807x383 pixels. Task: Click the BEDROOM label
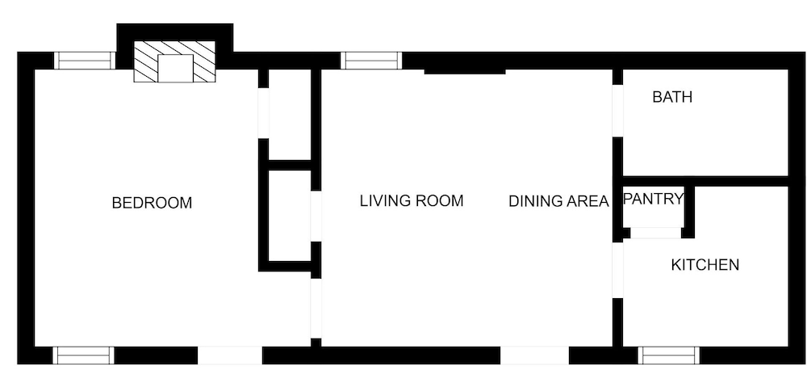152,203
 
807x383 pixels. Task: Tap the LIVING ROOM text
412,200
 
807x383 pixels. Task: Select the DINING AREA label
558,201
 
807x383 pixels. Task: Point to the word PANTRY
653,199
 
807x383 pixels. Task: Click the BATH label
672,97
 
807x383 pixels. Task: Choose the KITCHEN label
705,265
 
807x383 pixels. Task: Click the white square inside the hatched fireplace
175,68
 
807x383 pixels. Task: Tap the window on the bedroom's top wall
85,61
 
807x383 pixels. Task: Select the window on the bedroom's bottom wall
83,356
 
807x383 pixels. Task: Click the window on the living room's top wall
371,61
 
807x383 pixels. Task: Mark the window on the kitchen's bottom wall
668,356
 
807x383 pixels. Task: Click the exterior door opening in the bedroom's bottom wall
229,356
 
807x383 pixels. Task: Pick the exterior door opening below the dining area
534,356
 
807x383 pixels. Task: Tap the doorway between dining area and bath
617,111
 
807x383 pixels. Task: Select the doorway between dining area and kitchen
617,270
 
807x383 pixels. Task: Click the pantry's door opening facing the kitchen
655,233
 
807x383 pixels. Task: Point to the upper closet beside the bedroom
290,115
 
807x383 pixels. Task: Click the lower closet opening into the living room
290,216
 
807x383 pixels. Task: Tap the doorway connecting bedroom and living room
316,308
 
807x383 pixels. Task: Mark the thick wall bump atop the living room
465,72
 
